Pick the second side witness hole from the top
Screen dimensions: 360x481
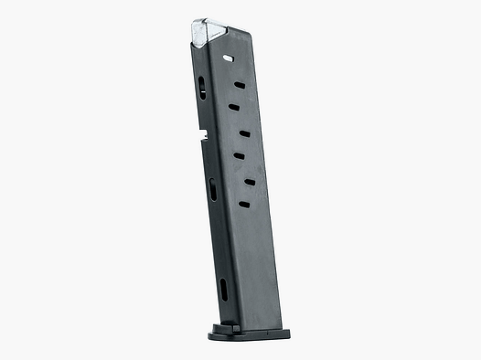click(x=240, y=85)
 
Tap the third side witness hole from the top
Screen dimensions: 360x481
click(x=234, y=107)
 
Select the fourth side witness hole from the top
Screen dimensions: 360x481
click(x=245, y=133)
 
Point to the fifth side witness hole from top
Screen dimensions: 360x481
click(x=239, y=156)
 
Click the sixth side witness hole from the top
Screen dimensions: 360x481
click(x=249, y=182)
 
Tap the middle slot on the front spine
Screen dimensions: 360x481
click(x=213, y=189)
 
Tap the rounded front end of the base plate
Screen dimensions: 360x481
click(x=213, y=330)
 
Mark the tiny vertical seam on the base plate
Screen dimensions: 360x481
click(x=240, y=326)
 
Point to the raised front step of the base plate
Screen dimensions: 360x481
click(x=219, y=324)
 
